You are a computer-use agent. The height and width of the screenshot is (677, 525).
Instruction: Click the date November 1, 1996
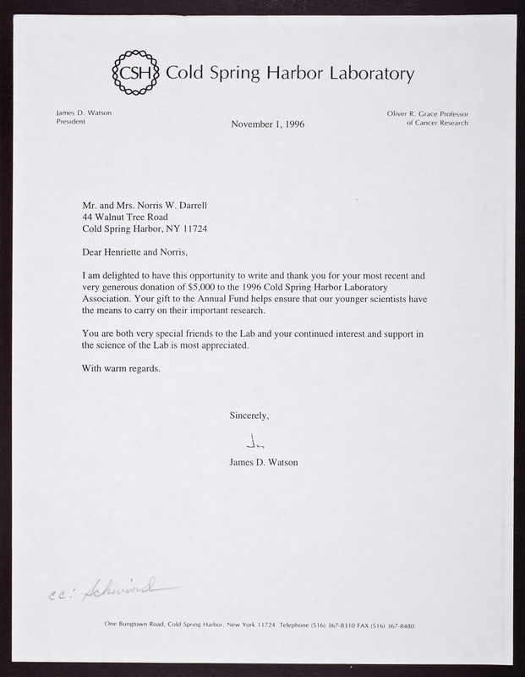267,124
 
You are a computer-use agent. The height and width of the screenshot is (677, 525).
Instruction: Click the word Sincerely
249,415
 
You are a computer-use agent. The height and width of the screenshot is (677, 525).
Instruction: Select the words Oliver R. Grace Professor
420,113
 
